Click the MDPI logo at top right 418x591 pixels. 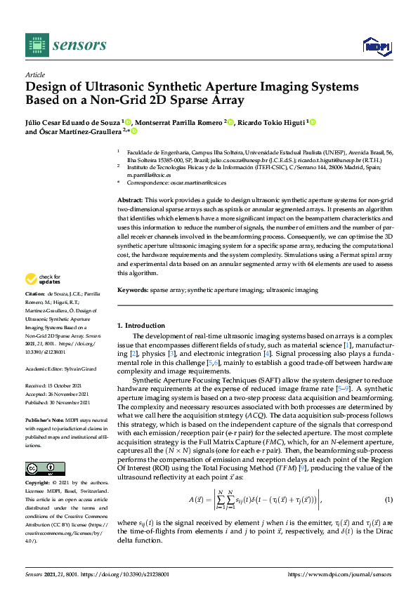pos(376,46)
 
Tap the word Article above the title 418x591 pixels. pos(35,74)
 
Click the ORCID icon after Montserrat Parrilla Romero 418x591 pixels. pos(230,121)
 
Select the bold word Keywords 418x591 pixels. pos(132,290)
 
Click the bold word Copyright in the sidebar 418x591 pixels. pos(38,484)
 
